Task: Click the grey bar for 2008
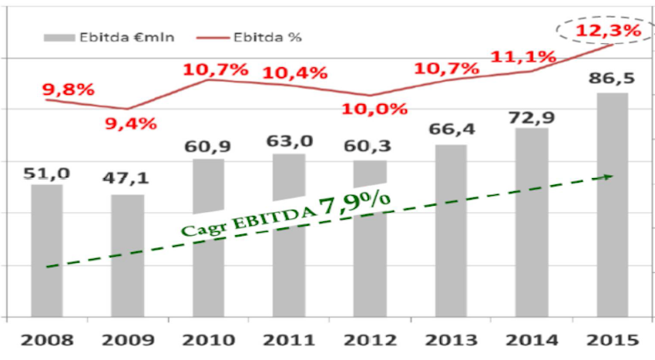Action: point(47,250)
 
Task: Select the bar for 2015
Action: point(612,204)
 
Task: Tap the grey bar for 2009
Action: point(127,254)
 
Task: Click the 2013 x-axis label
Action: point(450,340)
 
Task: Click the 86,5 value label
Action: point(613,79)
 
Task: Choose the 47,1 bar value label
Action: point(127,180)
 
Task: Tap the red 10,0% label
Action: point(375,109)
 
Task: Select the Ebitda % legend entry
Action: point(236,37)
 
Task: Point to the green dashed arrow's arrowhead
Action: point(609,177)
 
